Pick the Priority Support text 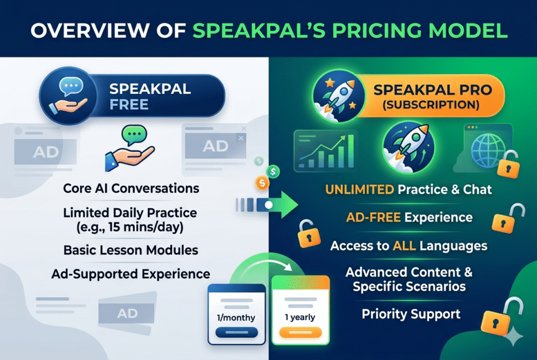(x=411, y=314)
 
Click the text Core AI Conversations (x=131, y=188)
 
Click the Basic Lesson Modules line (x=131, y=250)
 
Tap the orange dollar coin (x=261, y=182)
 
